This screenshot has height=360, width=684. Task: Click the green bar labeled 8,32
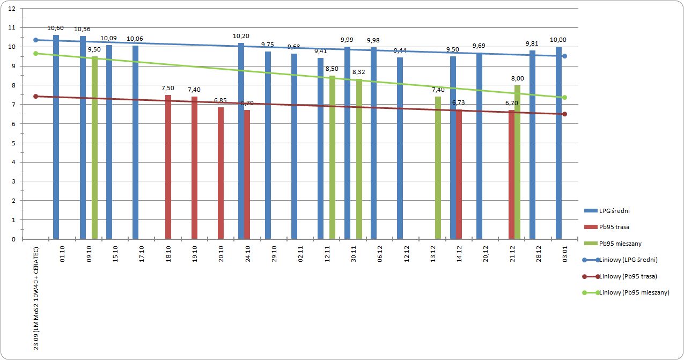coord(359,159)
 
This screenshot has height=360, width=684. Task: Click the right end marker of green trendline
coord(564,97)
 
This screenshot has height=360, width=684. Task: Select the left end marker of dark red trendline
coord(35,96)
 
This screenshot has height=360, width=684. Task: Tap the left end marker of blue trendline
coord(35,40)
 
